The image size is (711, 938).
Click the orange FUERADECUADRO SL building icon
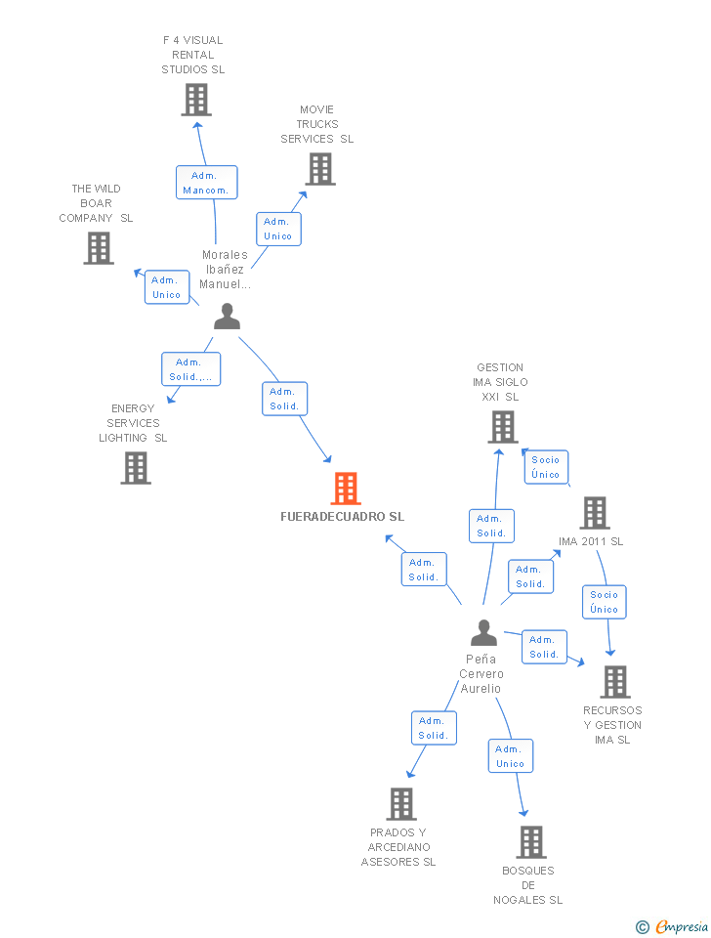(x=346, y=489)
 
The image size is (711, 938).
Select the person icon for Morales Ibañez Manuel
(x=227, y=317)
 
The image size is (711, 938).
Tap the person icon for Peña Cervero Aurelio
(x=483, y=633)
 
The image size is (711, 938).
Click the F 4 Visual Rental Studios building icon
(x=195, y=100)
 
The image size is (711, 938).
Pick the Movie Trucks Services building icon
(x=319, y=169)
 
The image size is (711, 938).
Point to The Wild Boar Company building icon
(x=98, y=248)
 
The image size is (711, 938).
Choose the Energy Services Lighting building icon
(x=136, y=468)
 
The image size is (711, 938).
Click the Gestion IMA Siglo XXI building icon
(x=502, y=427)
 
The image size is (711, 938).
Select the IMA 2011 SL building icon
(x=594, y=513)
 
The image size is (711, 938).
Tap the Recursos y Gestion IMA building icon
(x=614, y=682)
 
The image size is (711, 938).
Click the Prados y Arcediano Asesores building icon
(x=400, y=804)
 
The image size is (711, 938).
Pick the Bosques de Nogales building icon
(x=530, y=842)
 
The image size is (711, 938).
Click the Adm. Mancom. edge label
(x=206, y=183)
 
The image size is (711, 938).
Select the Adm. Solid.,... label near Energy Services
(x=190, y=369)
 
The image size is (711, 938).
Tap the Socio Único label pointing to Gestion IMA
(x=546, y=467)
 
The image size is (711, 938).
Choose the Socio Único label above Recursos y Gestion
(x=604, y=602)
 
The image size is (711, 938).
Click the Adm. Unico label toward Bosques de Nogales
(x=510, y=756)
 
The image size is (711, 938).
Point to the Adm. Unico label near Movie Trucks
(x=277, y=229)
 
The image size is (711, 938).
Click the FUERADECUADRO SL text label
(x=342, y=517)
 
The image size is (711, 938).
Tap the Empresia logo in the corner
(x=672, y=926)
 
